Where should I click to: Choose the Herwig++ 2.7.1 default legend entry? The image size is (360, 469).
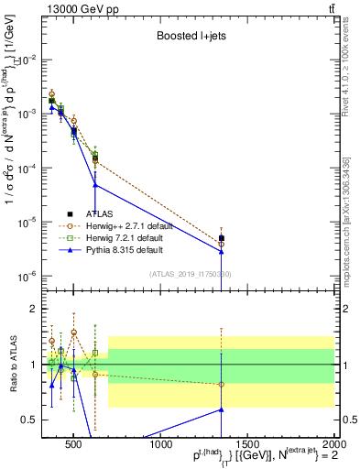[x=130, y=225]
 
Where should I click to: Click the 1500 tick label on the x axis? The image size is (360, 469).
[x=248, y=446]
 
